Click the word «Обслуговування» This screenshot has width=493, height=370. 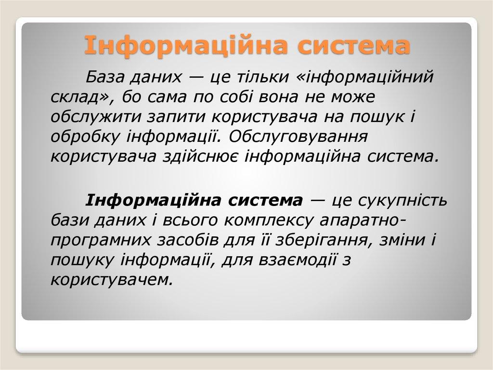pos(298,137)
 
